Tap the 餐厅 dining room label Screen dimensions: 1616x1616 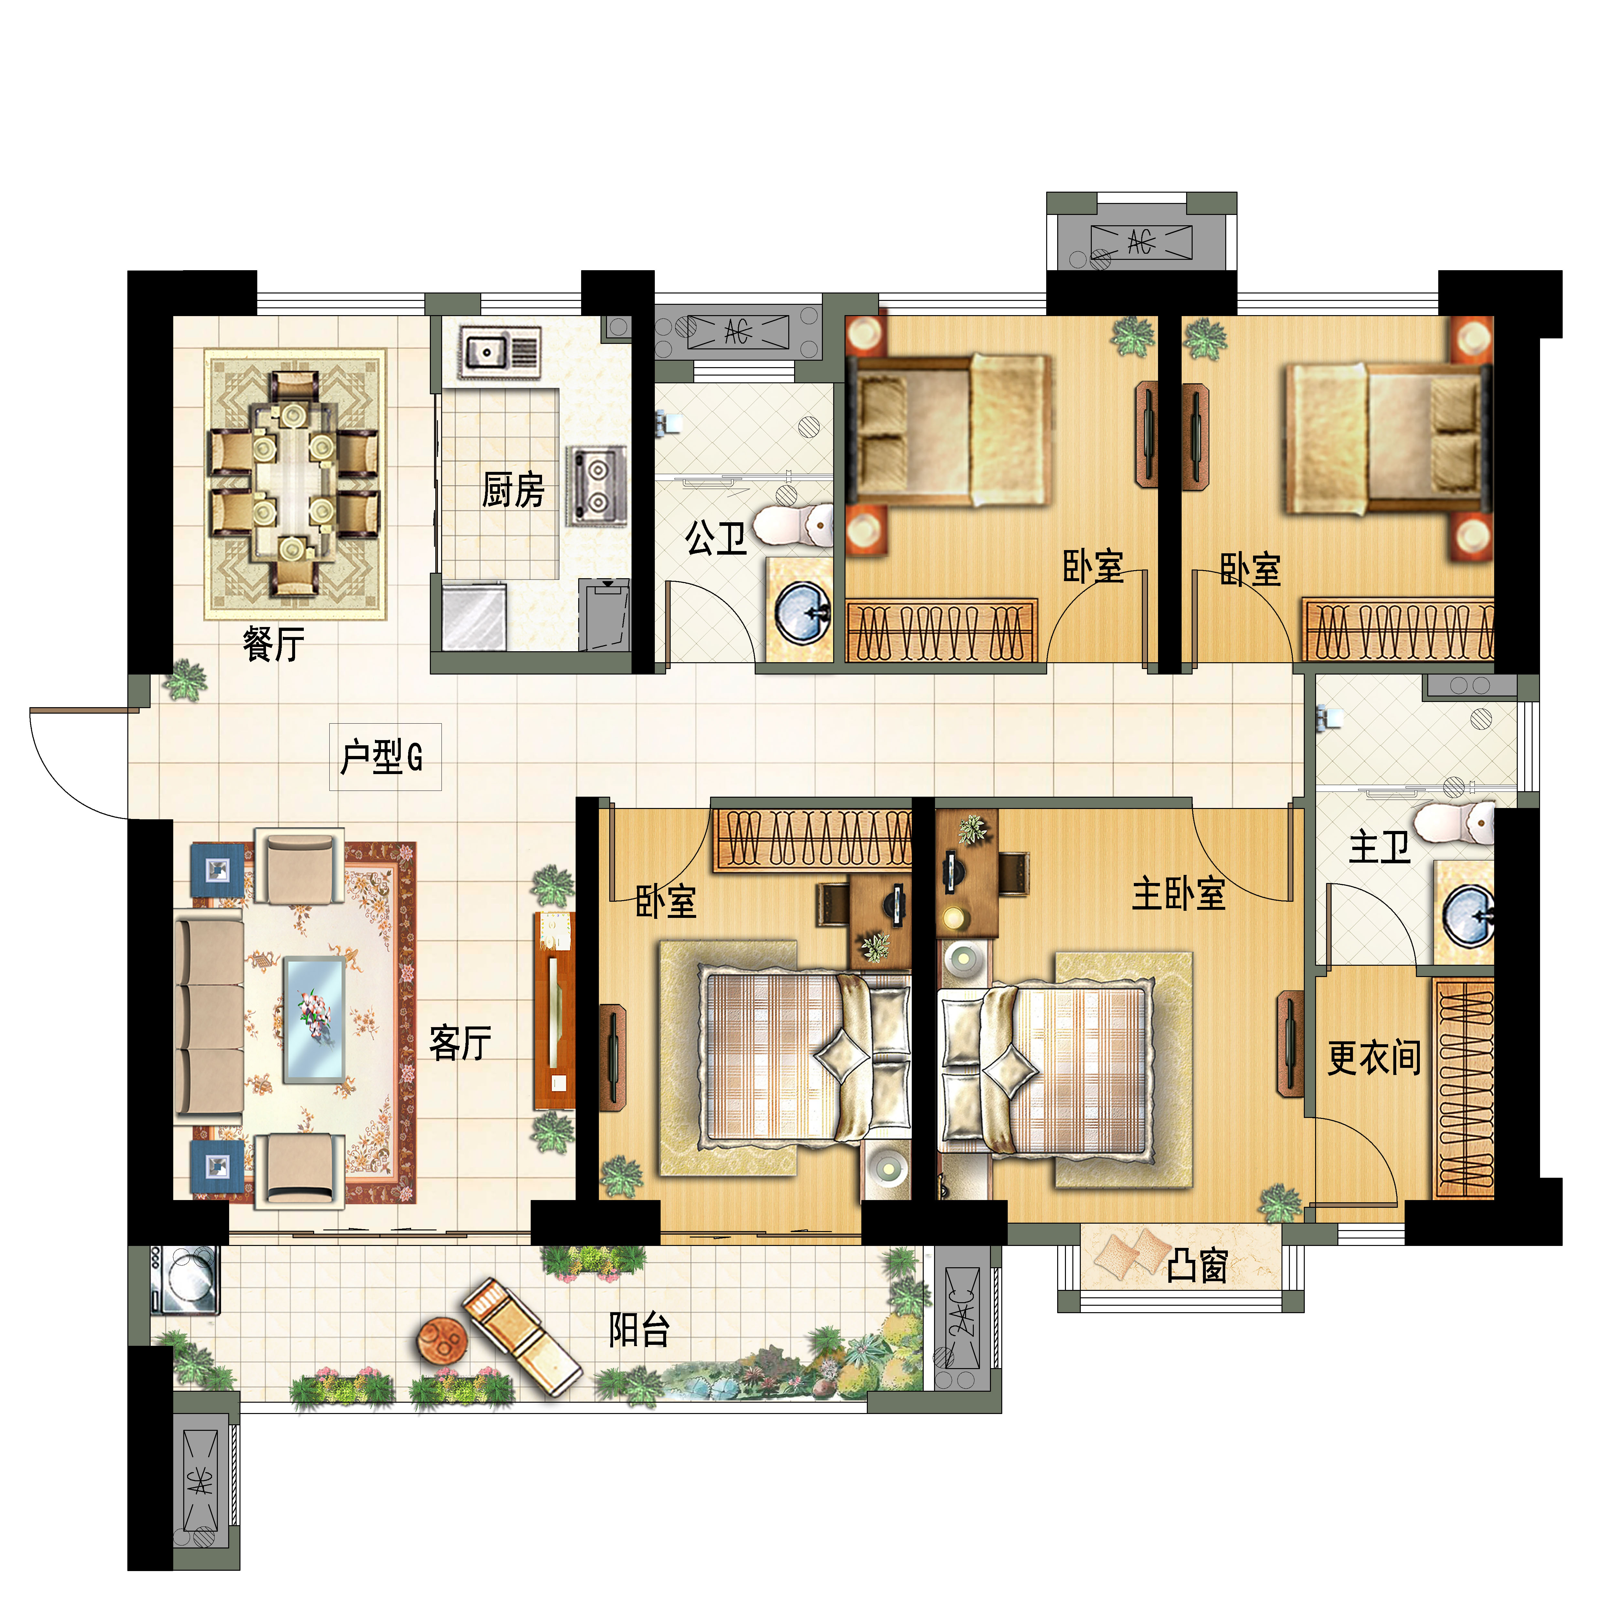pos(273,644)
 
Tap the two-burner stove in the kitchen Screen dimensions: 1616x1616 pos(596,485)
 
